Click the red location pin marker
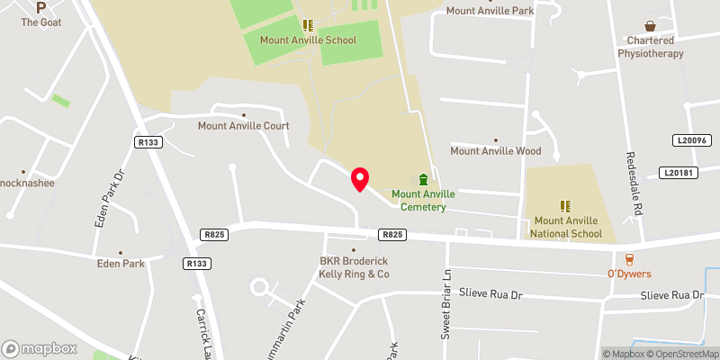pos(360,179)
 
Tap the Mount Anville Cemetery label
pos(423,201)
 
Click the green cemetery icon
pos(424,180)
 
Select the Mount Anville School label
pos(308,40)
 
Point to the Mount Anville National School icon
pos(567,206)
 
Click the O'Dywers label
pos(629,274)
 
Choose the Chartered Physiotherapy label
pos(650,47)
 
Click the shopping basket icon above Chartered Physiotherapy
pos(651,26)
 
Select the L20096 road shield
pos(691,140)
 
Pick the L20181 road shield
pos(679,172)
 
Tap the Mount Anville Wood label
pos(496,151)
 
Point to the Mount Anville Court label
pos(244,126)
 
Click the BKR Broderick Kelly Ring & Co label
pos(354,267)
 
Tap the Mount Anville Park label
pos(490,11)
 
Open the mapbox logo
pos(40,348)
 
